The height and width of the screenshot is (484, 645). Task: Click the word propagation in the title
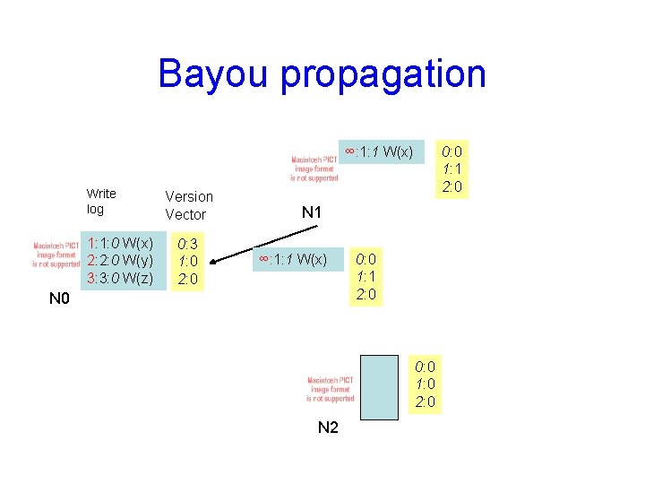pos(383,75)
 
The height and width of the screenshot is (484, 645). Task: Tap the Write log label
pos(100,201)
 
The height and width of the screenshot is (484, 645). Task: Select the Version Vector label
pos(189,205)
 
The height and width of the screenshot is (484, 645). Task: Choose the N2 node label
pos(329,428)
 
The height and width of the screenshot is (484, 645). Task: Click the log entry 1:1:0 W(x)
pos(120,243)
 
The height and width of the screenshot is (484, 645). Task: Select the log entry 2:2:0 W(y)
pos(120,260)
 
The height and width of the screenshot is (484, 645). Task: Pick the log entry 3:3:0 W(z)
pos(120,278)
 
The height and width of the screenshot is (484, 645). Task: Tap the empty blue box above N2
pos(378,386)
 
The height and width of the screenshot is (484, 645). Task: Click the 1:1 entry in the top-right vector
pos(451,169)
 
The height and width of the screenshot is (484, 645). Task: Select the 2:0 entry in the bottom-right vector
pos(426,402)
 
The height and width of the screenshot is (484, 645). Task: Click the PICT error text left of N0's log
pos(57,255)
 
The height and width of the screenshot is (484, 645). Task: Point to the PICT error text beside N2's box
pos(331,389)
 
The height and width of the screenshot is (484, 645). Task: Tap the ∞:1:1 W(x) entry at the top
pos(379,151)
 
